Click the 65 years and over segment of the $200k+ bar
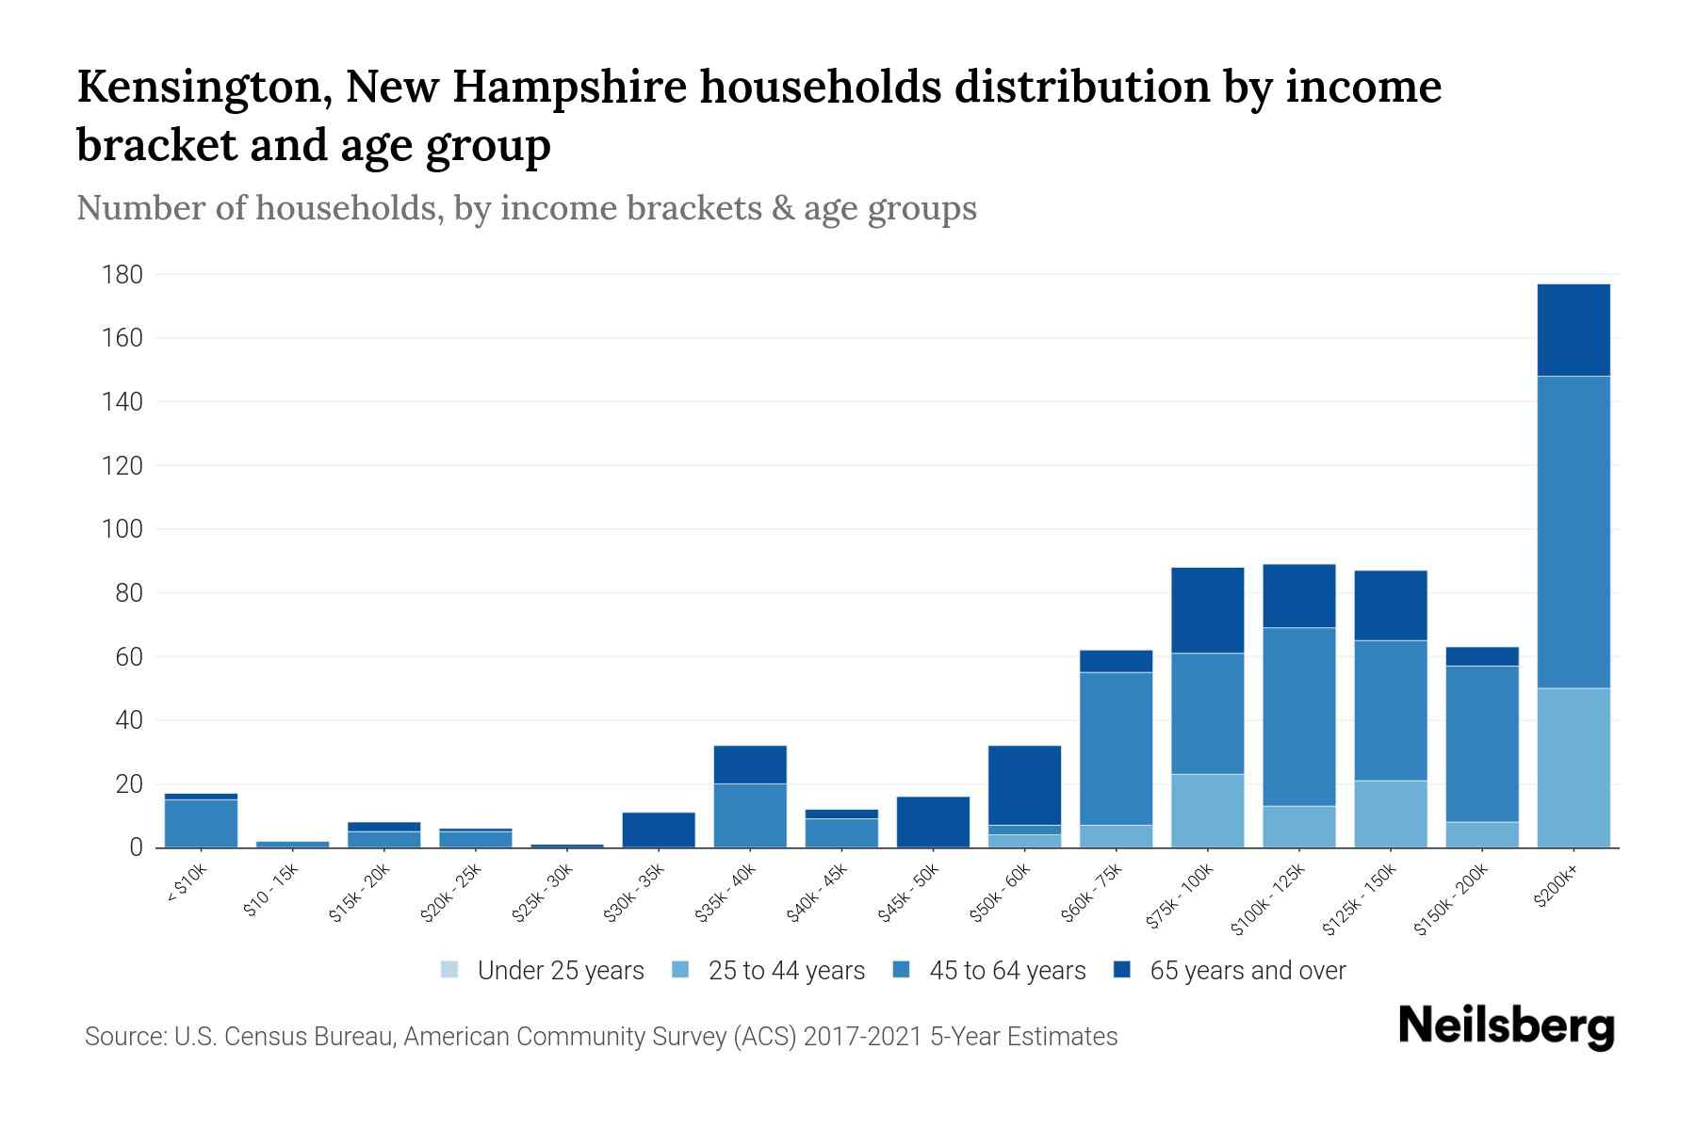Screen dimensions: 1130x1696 click(1573, 330)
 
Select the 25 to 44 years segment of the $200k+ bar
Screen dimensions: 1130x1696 click(1573, 767)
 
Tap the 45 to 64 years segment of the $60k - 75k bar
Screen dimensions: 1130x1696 click(1116, 749)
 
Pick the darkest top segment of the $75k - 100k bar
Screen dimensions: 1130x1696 click(1207, 610)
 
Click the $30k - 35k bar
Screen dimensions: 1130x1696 click(659, 830)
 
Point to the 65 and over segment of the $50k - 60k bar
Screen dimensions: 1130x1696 click(1024, 785)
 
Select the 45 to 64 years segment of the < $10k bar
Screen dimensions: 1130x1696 click(201, 823)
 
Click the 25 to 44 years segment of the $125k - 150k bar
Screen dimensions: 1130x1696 click(1390, 814)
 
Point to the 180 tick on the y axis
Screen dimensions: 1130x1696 click(122, 275)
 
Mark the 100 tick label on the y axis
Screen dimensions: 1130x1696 click(122, 529)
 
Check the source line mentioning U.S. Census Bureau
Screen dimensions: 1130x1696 click(600, 1037)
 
